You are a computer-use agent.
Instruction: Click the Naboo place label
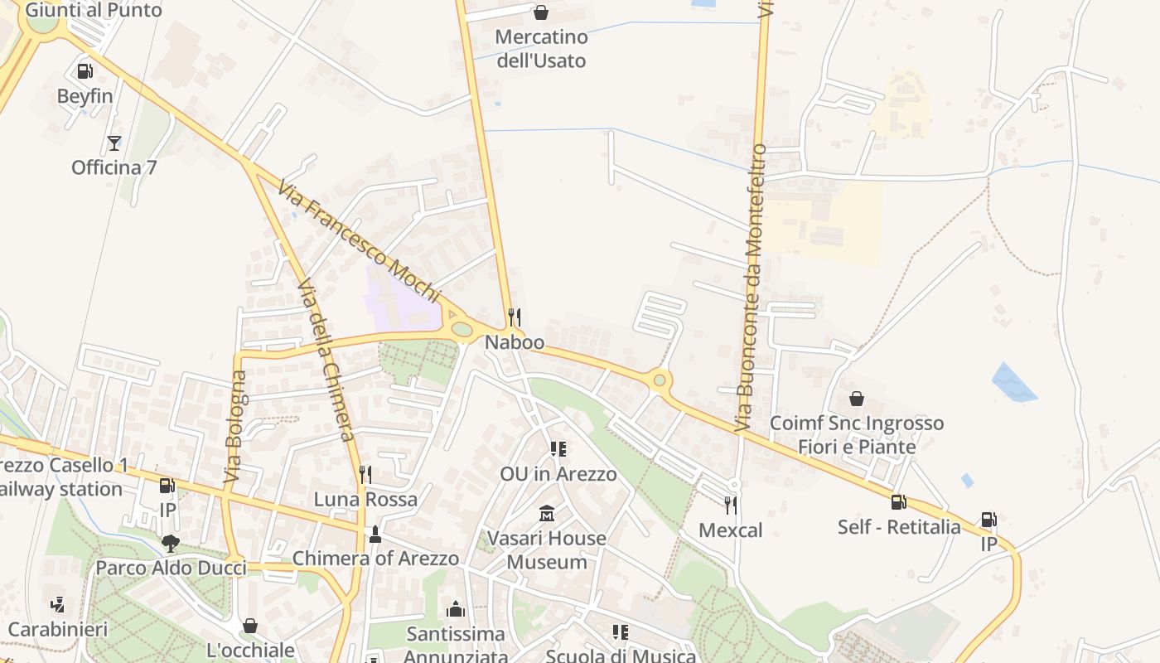[515, 342]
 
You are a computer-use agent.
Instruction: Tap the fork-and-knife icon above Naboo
[515, 317]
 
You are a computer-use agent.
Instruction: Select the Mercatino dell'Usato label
[541, 49]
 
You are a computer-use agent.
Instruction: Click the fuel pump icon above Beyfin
[85, 72]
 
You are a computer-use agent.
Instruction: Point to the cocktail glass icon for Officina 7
[114, 143]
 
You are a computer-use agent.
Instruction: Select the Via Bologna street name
[235, 427]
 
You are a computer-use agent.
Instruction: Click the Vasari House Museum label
[546, 549]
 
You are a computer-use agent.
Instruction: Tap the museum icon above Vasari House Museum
[546, 514]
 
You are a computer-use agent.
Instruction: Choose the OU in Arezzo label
[558, 474]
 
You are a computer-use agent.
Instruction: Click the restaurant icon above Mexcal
[730, 505]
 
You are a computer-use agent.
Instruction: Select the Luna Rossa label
[365, 500]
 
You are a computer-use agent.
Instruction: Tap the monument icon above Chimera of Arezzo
[375, 535]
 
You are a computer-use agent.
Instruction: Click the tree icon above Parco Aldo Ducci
[171, 544]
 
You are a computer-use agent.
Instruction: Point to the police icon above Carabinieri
[57, 605]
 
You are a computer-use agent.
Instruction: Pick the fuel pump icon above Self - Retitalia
[898, 502]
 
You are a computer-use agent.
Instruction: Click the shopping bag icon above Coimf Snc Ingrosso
[857, 399]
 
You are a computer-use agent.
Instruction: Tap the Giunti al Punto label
[94, 11]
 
